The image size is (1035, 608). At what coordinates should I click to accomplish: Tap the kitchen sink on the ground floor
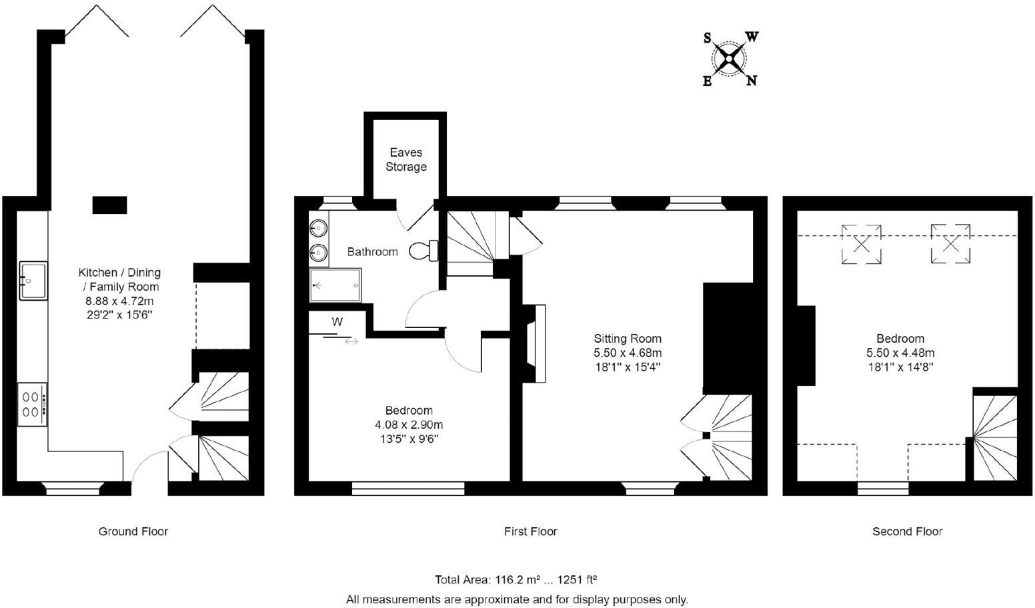click(33, 281)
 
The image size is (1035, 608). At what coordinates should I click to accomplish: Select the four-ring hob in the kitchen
click(32, 404)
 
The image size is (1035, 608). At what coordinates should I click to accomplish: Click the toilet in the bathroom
click(423, 251)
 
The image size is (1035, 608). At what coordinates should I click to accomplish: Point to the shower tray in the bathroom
click(335, 285)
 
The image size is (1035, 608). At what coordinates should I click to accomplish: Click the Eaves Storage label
click(405, 159)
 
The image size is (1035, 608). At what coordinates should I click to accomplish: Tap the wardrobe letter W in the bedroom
click(337, 322)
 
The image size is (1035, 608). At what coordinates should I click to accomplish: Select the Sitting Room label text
click(628, 339)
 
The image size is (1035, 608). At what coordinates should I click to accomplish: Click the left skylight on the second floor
click(861, 245)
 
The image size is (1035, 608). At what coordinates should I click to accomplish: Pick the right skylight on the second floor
click(950, 244)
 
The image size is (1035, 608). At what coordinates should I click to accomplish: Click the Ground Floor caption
click(133, 531)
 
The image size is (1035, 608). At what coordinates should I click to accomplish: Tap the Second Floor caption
click(907, 531)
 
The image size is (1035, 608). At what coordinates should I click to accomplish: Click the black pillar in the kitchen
click(109, 205)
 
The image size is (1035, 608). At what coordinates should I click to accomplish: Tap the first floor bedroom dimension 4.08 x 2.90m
click(409, 425)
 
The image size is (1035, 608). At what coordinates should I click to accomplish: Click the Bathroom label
click(372, 252)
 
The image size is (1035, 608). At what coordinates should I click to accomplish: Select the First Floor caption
click(530, 531)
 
